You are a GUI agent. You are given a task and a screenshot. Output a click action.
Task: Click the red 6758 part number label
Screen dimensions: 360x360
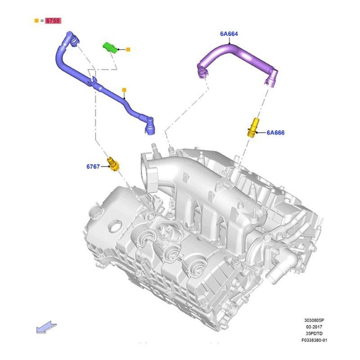[53, 21]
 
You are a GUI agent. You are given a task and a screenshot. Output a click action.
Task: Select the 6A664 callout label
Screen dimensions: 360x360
[229, 34]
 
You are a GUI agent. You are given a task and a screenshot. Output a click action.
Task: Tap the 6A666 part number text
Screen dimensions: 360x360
[275, 133]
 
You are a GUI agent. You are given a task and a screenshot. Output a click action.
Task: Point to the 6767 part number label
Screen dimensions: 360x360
[93, 166]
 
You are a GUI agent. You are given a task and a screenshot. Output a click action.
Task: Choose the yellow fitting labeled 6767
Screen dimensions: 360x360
[113, 164]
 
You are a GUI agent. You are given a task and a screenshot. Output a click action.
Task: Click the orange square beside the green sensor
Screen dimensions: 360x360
[128, 49]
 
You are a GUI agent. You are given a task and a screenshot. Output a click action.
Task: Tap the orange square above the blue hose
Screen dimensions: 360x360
[124, 90]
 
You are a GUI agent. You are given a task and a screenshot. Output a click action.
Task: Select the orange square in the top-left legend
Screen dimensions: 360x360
[36, 21]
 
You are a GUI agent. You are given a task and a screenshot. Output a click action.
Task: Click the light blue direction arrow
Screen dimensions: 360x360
[46, 327]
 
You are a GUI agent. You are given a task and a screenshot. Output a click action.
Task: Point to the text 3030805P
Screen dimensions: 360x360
[314, 320]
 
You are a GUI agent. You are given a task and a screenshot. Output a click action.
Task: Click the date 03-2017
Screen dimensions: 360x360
[314, 327]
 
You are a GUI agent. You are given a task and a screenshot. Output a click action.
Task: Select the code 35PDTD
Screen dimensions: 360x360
[314, 333]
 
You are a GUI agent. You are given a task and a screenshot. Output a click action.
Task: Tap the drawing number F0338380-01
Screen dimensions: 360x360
[314, 340]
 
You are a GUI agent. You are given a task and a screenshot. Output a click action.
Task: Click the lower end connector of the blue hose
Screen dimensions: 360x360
[149, 126]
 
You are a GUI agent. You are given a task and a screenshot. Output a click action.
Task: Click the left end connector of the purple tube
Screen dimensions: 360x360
[202, 71]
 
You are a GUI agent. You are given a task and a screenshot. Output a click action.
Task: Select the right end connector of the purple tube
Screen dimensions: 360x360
[271, 78]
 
